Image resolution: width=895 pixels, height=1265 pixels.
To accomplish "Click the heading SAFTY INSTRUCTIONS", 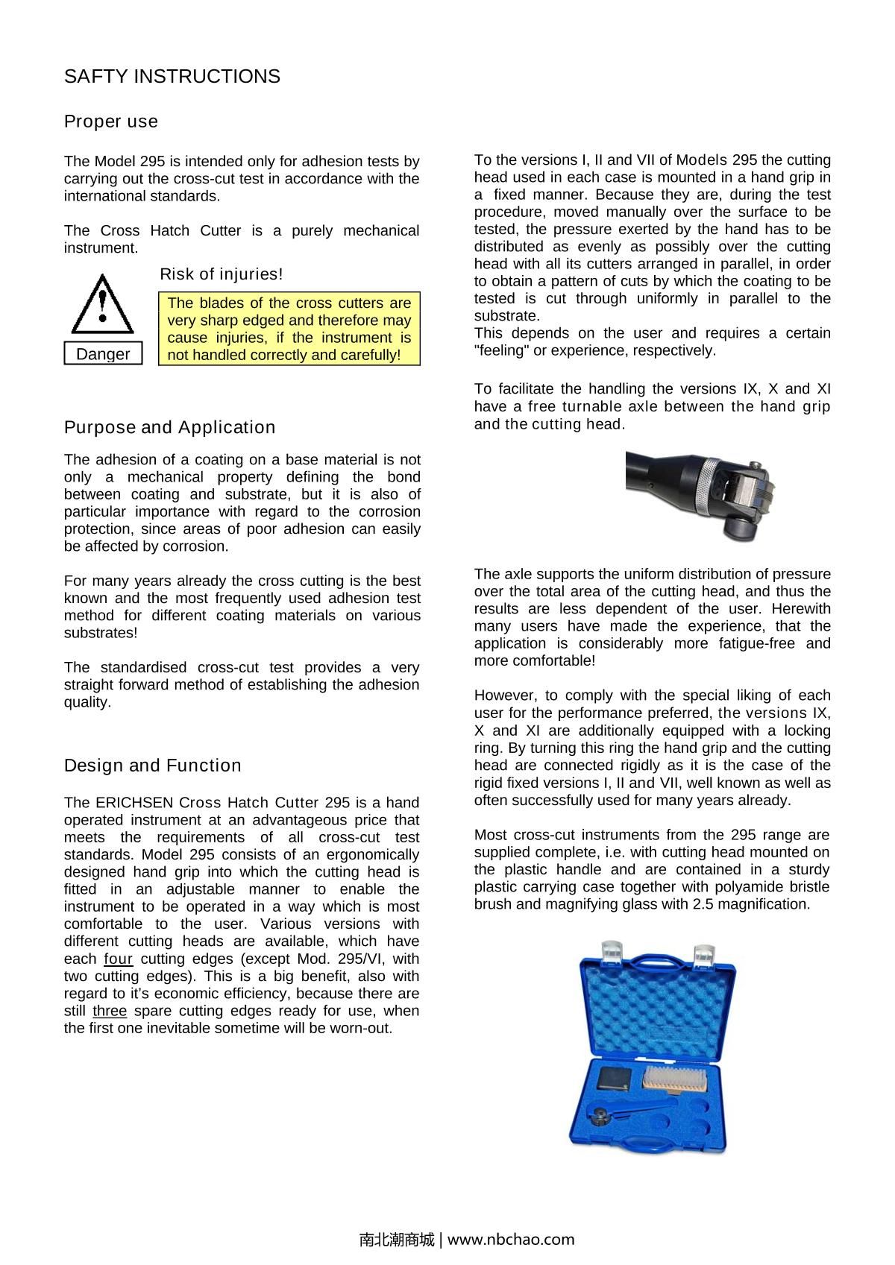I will (x=172, y=77).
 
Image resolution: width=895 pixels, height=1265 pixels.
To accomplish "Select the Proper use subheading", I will (x=111, y=122).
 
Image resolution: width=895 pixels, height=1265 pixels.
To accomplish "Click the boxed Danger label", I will (x=103, y=354).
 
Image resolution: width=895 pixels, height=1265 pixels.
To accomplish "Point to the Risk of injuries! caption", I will (x=222, y=274).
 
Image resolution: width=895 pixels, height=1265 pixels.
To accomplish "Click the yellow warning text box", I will (x=289, y=329).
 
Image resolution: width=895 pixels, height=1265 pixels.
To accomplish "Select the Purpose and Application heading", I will (x=169, y=427).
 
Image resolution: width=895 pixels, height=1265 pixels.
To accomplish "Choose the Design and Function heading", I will (x=153, y=766).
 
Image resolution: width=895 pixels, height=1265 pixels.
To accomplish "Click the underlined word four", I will (x=118, y=959).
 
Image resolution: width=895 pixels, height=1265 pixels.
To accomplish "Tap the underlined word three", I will (x=110, y=1012).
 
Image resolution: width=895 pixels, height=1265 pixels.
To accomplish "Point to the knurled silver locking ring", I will (x=706, y=487).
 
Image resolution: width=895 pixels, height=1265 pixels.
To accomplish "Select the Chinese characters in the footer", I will (x=396, y=1240).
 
